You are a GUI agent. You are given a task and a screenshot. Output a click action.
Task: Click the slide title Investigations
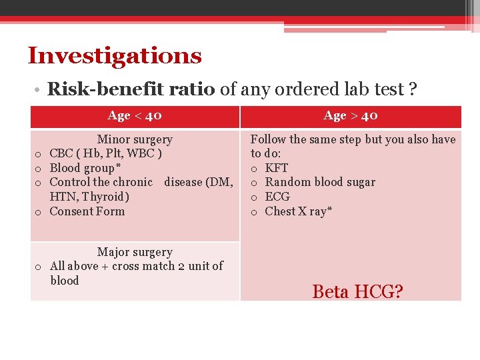tap(114, 55)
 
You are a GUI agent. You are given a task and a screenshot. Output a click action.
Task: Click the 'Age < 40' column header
tap(135, 116)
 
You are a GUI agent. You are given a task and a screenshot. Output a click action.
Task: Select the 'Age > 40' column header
tap(351, 116)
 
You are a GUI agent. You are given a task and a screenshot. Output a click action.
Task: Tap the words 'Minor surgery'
tap(135, 139)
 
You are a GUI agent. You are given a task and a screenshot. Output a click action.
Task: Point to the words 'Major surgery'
tap(135, 252)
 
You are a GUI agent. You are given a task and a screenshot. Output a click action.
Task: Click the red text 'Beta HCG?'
tap(357, 291)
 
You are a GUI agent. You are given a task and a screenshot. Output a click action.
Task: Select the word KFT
tap(276, 168)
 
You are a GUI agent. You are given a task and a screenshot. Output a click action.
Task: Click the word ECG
tap(277, 197)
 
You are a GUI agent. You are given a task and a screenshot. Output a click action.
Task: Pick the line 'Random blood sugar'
tap(320, 182)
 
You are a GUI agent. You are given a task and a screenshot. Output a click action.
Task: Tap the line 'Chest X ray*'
tap(299, 211)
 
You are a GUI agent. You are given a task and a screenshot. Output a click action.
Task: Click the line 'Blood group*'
tap(85, 168)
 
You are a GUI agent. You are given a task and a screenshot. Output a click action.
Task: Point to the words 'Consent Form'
tap(87, 211)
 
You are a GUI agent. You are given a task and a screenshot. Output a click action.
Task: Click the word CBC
tap(62, 154)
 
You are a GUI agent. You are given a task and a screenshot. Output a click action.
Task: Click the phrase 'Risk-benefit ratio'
tap(131, 89)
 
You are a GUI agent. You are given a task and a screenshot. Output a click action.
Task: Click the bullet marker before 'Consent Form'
tap(39, 212)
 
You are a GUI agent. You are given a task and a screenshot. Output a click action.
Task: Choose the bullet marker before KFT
tap(254, 169)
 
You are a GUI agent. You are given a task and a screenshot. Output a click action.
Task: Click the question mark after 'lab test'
tap(413, 89)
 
